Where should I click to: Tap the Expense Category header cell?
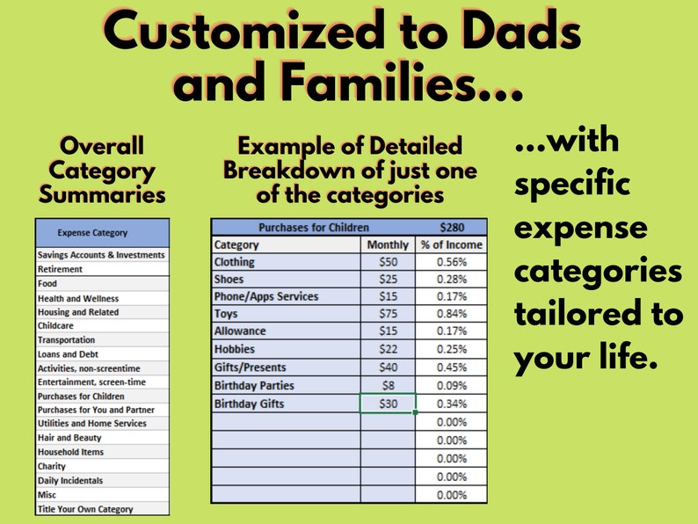point(92,233)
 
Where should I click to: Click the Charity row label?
point(52,466)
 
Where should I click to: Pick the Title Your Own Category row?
point(85,509)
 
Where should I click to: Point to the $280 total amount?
point(451,227)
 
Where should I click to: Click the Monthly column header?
point(388,244)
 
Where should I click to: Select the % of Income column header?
point(451,244)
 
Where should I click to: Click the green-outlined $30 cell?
point(388,404)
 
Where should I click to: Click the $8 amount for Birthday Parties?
point(388,386)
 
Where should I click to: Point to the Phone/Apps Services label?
point(266,297)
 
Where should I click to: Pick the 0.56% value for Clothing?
point(451,262)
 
